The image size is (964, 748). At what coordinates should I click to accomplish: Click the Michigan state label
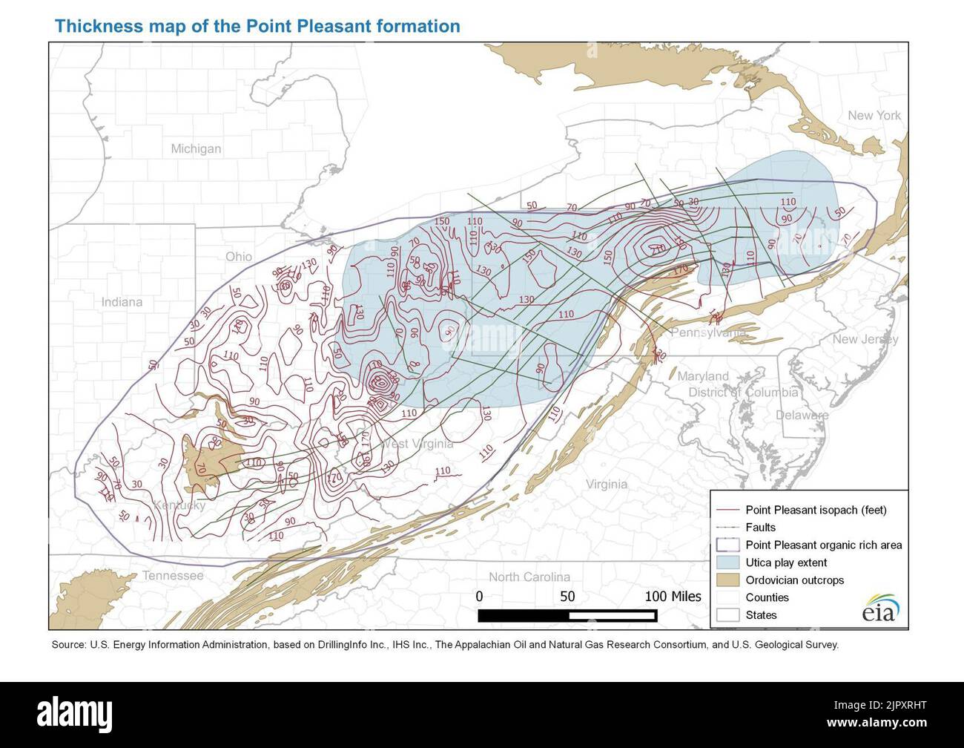tap(196, 148)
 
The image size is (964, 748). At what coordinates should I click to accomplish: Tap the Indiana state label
tap(122, 302)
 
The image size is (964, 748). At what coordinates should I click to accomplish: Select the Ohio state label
tap(239, 256)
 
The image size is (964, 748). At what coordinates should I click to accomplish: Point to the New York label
tap(874, 116)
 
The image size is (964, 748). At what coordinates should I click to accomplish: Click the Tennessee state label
tap(173, 576)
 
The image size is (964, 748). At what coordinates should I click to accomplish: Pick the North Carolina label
tap(529, 577)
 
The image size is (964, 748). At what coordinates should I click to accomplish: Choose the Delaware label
tap(802, 416)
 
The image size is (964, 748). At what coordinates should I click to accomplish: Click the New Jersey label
tap(865, 339)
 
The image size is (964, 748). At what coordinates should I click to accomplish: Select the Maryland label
tap(702, 376)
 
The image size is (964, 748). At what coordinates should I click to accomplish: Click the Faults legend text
tap(761, 528)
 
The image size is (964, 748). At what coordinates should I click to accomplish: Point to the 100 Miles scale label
tap(673, 595)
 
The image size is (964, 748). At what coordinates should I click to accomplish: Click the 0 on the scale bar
tap(479, 595)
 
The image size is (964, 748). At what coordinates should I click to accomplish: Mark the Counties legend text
tap(767, 597)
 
